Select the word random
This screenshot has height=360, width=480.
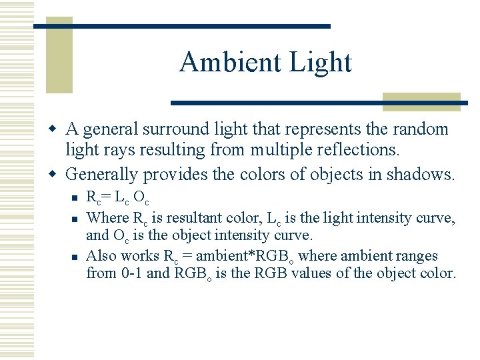(x=422, y=129)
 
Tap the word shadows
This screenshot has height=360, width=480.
(x=424, y=175)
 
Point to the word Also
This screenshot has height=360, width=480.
(x=101, y=256)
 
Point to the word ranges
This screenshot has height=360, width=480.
(x=416, y=256)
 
